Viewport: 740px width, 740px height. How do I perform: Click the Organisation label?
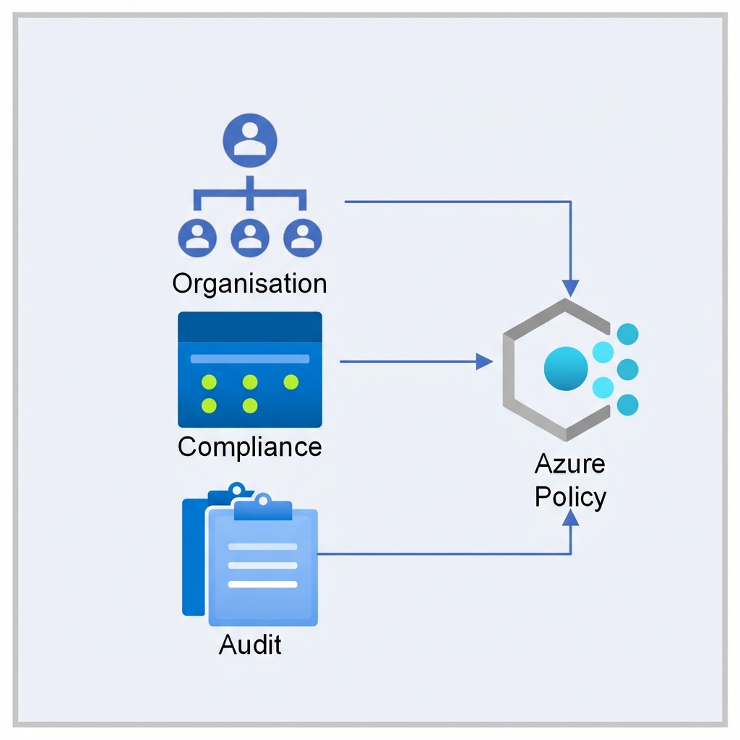click(x=249, y=283)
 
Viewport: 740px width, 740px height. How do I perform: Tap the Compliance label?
click(x=249, y=447)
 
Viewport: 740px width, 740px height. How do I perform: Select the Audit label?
click(x=249, y=644)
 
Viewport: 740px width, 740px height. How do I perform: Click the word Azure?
click(x=569, y=464)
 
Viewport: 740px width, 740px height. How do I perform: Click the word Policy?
click(x=569, y=498)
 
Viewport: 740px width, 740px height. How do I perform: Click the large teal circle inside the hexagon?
click(x=565, y=368)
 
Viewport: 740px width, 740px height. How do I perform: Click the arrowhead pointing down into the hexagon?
click(x=571, y=288)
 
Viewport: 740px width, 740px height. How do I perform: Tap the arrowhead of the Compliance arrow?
click(x=483, y=361)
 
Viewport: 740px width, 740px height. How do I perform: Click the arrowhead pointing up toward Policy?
click(x=571, y=517)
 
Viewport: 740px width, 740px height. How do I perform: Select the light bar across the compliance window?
click(x=249, y=358)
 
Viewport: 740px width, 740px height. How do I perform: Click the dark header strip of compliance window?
click(x=249, y=327)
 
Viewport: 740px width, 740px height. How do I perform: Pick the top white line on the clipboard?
click(x=262, y=546)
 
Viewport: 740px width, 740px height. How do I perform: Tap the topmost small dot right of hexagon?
click(x=629, y=334)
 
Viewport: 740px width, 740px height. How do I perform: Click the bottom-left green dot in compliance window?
click(x=209, y=405)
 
